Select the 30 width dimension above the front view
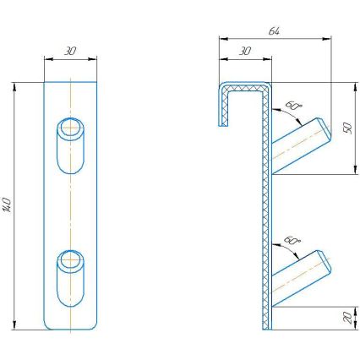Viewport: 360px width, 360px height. pyautogui.click(x=70, y=51)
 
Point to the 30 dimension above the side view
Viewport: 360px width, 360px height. pyautogui.click(x=244, y=52)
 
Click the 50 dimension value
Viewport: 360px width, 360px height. pyautogui.click(x=347, y=128)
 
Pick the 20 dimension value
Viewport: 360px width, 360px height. pyautogui.click(x=347, y=317)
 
